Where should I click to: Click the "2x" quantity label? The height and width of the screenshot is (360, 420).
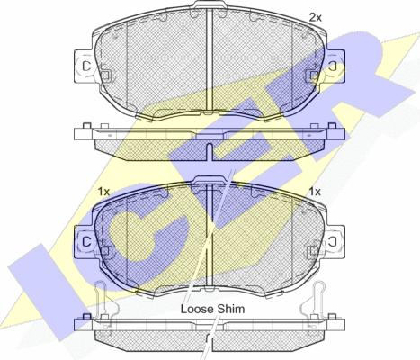[x=315, y=18]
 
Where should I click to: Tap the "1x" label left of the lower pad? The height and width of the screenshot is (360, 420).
[x=104, y=192]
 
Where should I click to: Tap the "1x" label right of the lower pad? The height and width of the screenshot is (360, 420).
[x=315, y=192]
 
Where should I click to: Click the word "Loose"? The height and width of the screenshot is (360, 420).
[x=197, y=309]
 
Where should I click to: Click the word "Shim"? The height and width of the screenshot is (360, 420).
[x=231, y=309]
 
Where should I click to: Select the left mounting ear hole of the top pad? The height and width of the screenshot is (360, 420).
[x=86, y=66]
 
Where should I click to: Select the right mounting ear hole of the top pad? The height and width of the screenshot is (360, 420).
[x=333, y=66]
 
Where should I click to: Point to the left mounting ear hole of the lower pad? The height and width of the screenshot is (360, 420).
[x=86, y=241]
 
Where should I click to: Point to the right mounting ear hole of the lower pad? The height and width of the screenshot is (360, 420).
[x=333, y=241]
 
